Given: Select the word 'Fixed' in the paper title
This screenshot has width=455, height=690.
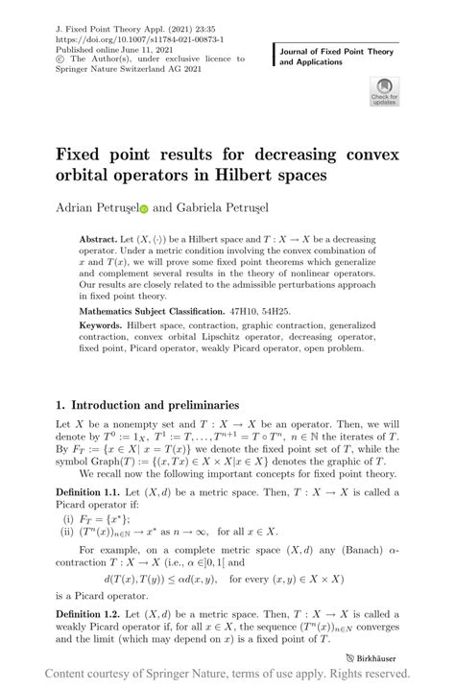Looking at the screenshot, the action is [87, 155].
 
